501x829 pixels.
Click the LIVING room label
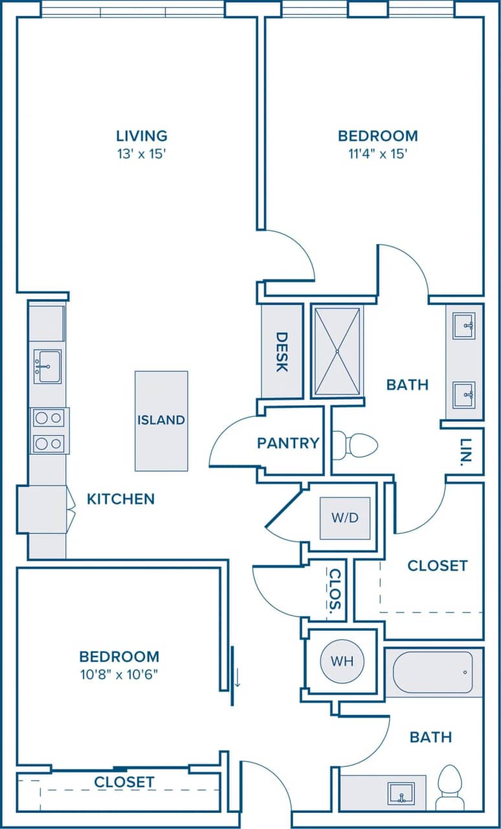(x=142, y=136)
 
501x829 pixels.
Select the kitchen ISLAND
(x=161, y=420)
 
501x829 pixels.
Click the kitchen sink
(x=47, y=367)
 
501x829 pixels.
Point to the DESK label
(x=282, y=352)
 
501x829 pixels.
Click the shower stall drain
(x=337, y=351)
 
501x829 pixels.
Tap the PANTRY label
(x=288, y=443)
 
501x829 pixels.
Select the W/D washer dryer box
(x=345, y=518)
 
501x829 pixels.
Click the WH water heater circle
(x=342, y=661)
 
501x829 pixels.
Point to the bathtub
(x=433, y=672)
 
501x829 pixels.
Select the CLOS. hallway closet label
(x=335, y=591)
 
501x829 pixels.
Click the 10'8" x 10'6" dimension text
(x=119, y=674)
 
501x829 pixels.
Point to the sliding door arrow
(x=237, y=677)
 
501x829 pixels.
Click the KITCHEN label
(x=121, y=499)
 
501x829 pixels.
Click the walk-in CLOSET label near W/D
(x=437, y=565)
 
